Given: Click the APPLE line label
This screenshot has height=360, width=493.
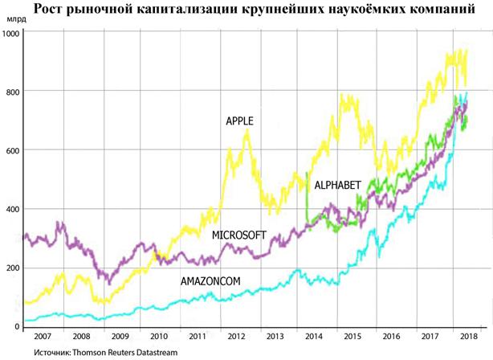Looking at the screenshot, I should click(x=239, y=121).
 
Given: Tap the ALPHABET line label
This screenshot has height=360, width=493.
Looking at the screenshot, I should click(x=337, y=185).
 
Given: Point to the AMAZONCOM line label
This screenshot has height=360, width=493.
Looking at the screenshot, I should click(x=210, y=281).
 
